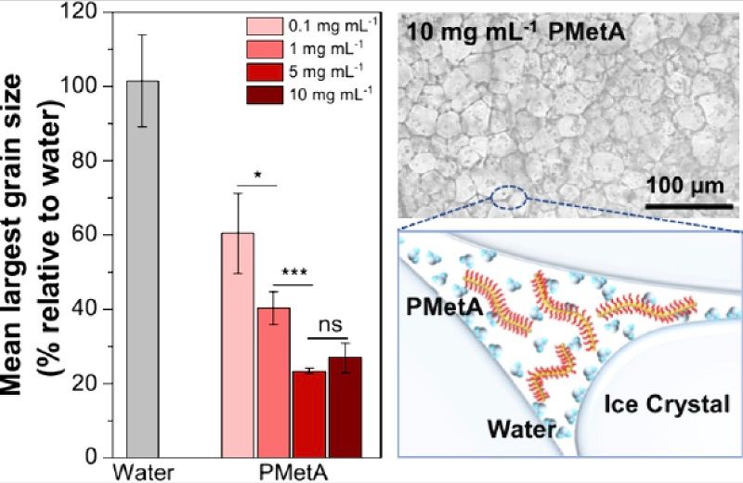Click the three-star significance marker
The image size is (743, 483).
[295, 272]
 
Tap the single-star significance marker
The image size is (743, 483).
[256, 175]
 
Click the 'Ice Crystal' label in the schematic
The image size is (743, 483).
[667, 403]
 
